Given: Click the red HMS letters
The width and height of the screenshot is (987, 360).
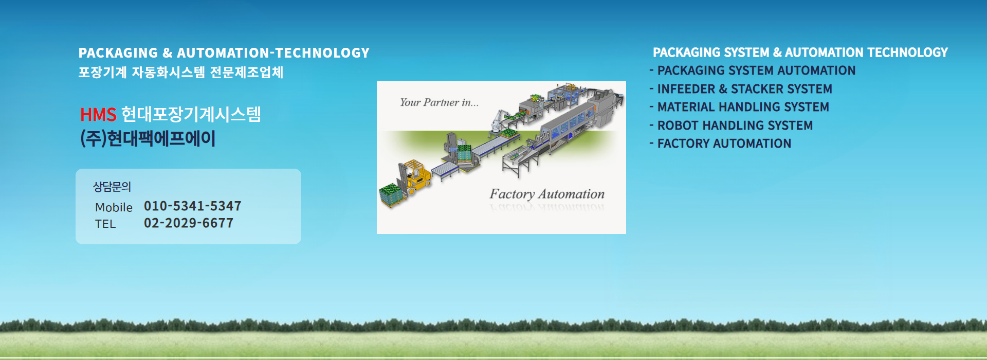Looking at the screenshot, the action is click(x=98, y=114).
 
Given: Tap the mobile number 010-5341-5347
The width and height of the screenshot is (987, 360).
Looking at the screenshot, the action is click(x=193, y=206).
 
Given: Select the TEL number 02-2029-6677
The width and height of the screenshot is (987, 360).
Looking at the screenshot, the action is click(x=189, y=223).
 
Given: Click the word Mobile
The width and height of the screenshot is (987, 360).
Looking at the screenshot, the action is click(x=114, y=207).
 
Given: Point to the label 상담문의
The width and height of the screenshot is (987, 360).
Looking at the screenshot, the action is click(x=112, y=187).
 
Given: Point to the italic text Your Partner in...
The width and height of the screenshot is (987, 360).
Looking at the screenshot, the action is click(x=439, y=102).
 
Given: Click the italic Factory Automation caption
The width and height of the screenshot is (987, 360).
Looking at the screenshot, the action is click(x=547, y=194).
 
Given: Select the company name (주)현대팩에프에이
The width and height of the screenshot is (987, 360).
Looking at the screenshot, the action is click(x=148, y=138).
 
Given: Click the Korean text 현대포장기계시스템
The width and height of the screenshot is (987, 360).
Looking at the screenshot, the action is click(x=191, y=114).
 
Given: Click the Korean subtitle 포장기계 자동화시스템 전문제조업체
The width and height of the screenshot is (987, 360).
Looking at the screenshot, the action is click(x=181, y=72).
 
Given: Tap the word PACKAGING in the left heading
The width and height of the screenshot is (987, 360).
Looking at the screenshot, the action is click(x=118, y=53).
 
